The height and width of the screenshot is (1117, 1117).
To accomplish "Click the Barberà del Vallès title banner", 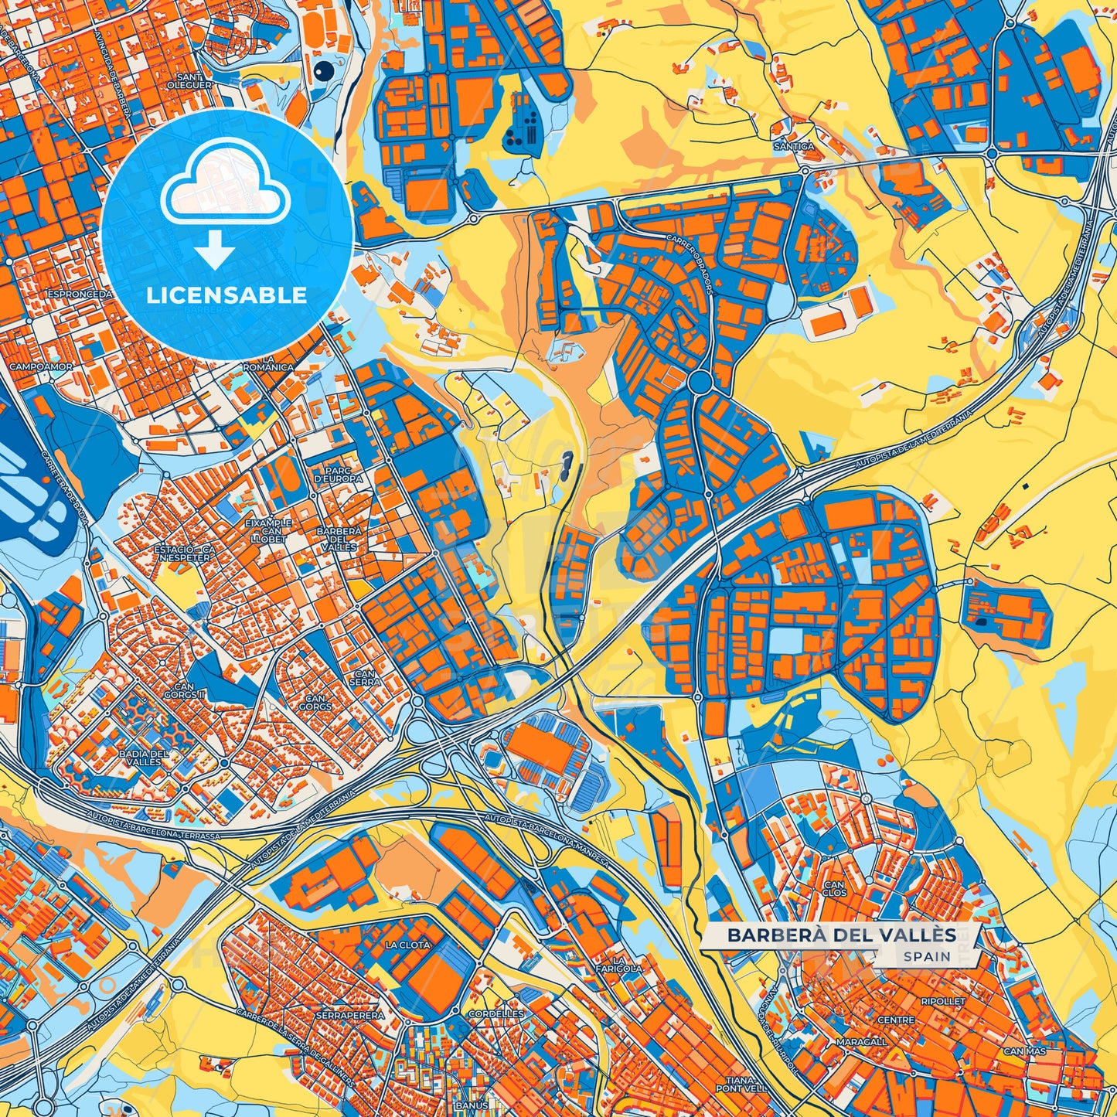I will point(841,935).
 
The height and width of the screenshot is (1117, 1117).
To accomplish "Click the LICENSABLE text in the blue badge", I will point(227,295).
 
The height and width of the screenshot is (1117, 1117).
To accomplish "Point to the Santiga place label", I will point(794,146).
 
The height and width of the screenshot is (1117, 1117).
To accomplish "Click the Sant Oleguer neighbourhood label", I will point(194,81).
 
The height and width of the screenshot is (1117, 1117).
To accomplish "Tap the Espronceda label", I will point(80,295).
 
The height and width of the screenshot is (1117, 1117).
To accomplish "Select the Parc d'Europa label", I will point(338,475).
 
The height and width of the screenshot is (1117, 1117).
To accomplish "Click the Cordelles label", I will point(496,1013).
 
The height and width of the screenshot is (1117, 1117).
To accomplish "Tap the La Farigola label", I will point(618,963).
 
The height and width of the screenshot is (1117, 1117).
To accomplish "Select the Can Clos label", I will point(835,888).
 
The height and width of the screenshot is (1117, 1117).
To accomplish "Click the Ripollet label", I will point(943,1001).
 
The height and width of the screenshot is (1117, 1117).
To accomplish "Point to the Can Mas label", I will point(1024,1051).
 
